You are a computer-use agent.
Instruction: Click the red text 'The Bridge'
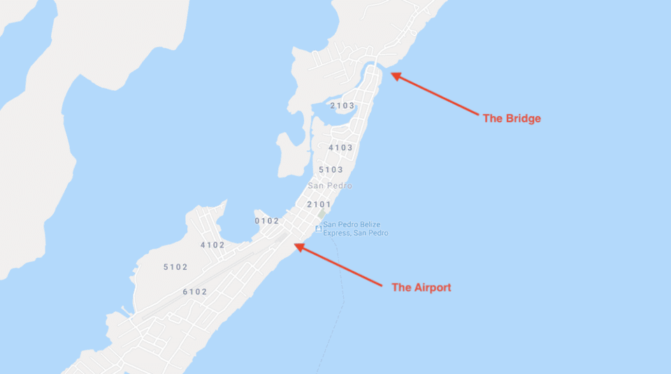point(512,119)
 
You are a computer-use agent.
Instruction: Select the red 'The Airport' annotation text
point(421,287)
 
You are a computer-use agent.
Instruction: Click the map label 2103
point(342,106)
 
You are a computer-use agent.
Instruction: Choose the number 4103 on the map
point(340,148)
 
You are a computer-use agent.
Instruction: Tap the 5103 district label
point(331,170)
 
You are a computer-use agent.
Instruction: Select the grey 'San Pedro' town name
point(330,186)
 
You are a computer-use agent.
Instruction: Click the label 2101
point(319,204)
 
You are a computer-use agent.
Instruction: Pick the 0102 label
point(267,221)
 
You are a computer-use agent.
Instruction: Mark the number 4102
point(212,245)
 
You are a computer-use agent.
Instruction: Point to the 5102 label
point(175,267)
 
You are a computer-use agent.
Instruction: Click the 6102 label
point(195,292)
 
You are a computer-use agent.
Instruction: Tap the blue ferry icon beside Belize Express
point(318,229)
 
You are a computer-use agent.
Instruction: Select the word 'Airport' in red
point(431,287)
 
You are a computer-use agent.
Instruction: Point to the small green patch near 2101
point(324,214)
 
